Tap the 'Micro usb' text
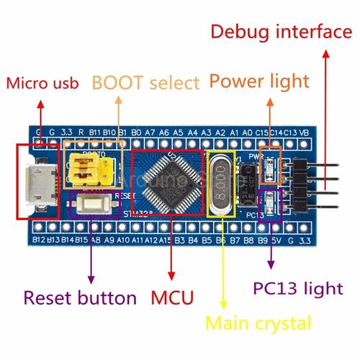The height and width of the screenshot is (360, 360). point(42,83)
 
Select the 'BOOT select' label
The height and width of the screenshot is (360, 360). point(145,83)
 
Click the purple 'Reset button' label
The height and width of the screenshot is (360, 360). point(80,297)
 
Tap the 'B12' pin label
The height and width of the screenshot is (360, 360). point(40,238)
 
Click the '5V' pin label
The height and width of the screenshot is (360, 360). point(276,238)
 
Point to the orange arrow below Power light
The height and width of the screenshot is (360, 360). point(270,122)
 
